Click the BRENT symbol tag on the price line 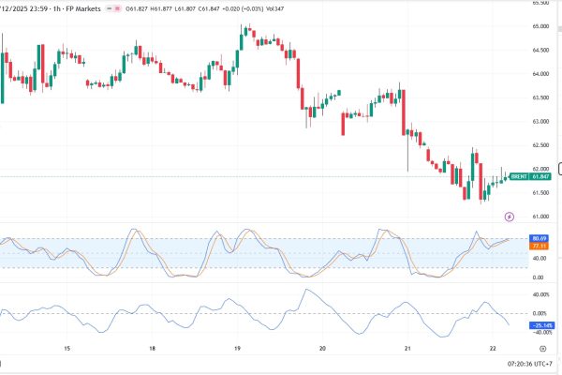516,175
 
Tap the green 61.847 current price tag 539,175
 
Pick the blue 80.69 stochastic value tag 539,237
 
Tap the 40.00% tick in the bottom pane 540,294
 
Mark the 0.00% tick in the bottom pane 540,313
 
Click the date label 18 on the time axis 152,348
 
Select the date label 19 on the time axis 237,348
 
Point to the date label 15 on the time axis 67,348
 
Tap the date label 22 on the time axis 493,348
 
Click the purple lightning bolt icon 510,217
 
